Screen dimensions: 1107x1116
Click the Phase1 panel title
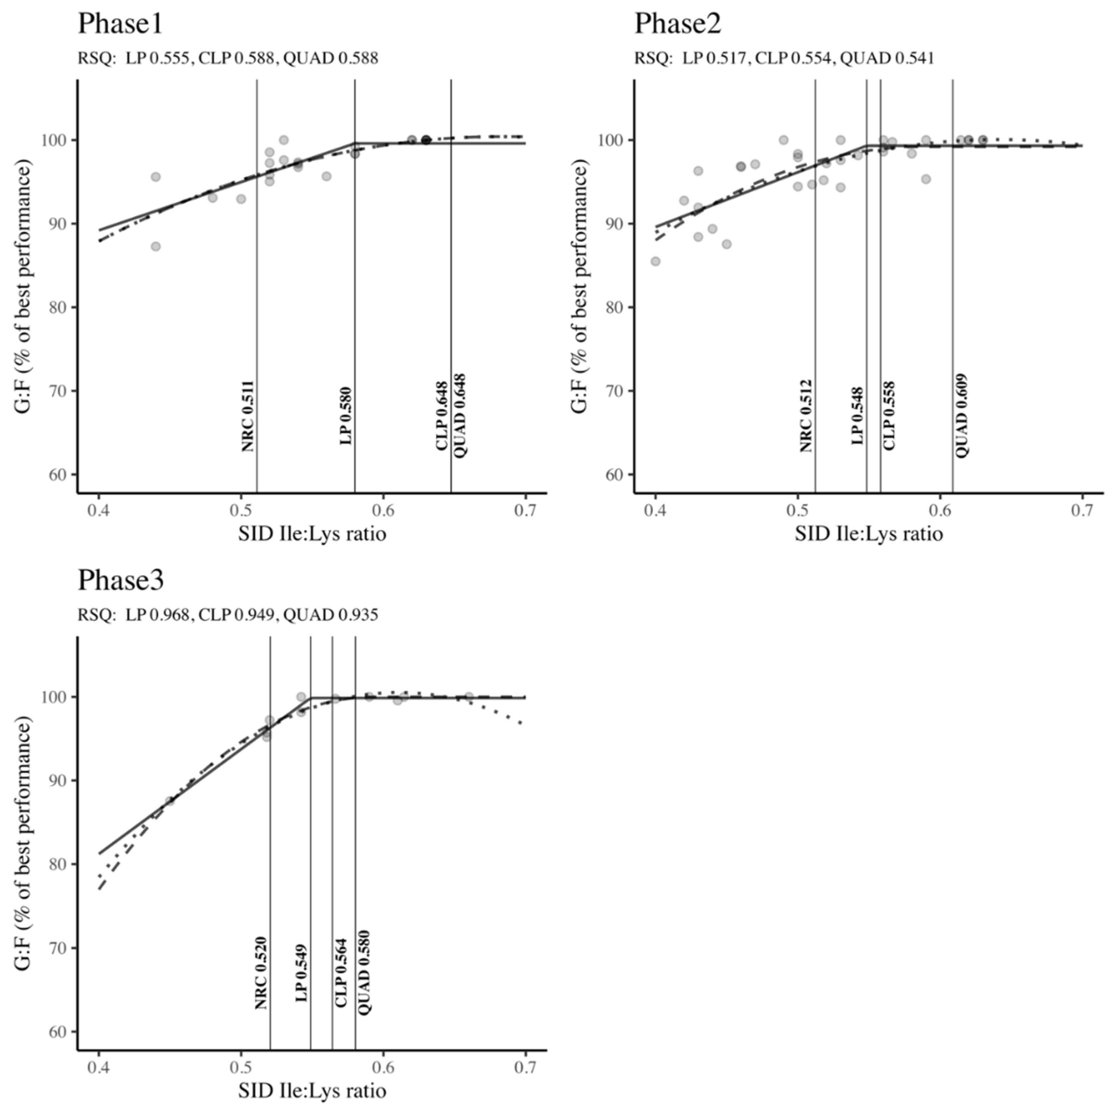120,24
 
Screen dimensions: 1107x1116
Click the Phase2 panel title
677,24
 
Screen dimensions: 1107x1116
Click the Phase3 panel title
121,581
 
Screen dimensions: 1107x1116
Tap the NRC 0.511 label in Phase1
247,416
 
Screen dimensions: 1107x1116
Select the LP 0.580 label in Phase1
346,416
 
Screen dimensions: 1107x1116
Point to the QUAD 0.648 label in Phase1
460,416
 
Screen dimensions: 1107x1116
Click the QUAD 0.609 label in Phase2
961,416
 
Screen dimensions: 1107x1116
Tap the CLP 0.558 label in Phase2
889,416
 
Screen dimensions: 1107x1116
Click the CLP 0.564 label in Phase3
341,973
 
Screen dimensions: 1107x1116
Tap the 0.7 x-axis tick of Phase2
1082,511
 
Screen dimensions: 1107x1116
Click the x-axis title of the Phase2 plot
868,533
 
